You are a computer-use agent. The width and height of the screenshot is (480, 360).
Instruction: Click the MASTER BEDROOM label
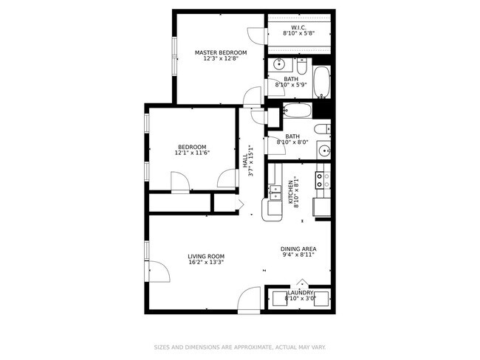coord(221,52)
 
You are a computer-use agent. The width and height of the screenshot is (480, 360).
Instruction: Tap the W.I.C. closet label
coord(298,27)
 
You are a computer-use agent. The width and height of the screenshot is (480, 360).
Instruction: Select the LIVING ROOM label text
coord(206,256)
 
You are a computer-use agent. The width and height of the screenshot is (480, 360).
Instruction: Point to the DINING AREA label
coord(298,249)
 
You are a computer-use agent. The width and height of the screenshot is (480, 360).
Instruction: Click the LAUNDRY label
coord(301,293)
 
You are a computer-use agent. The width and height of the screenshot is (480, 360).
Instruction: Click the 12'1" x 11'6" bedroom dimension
coord(192,153)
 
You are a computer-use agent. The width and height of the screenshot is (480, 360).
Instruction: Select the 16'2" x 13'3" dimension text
coord(206,262)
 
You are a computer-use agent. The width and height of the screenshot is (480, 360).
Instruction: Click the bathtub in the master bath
coord(322,83)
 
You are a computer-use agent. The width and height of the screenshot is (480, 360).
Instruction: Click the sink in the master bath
coord(279,64)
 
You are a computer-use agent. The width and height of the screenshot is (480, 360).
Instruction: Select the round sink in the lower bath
coord(323,152)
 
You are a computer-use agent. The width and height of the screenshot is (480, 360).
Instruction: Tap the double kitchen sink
coord(275,193)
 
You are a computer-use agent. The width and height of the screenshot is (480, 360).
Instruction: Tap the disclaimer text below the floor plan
coord(239,347)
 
